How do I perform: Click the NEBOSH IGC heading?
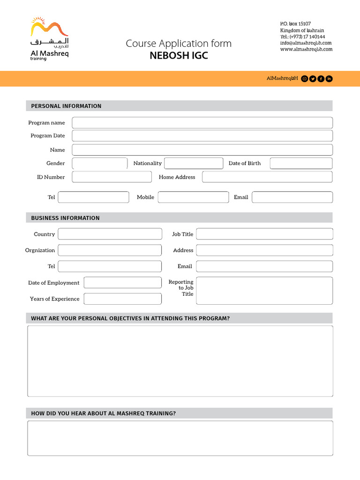(179, 56)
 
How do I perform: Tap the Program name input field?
(202, 123)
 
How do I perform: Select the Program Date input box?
(202, 136)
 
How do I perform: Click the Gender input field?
(100, 163)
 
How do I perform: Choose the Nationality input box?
(194, 163)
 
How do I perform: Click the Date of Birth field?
(301, 163)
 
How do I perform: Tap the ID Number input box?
(112, 177)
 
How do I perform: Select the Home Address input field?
(267, 177)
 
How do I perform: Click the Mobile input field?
(193, 197)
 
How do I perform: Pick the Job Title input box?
(264, 234)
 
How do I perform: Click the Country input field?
(110, 234)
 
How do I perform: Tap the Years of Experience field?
(122, 299)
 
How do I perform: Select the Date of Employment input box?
(122, 283)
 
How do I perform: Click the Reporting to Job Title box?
(264, 291)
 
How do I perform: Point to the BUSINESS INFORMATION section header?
(65, 218)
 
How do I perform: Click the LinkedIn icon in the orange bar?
(329, 79)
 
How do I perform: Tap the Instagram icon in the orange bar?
(305, 79)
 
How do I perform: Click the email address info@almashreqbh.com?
(306, 43)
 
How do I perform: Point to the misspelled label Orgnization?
(40, 250)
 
